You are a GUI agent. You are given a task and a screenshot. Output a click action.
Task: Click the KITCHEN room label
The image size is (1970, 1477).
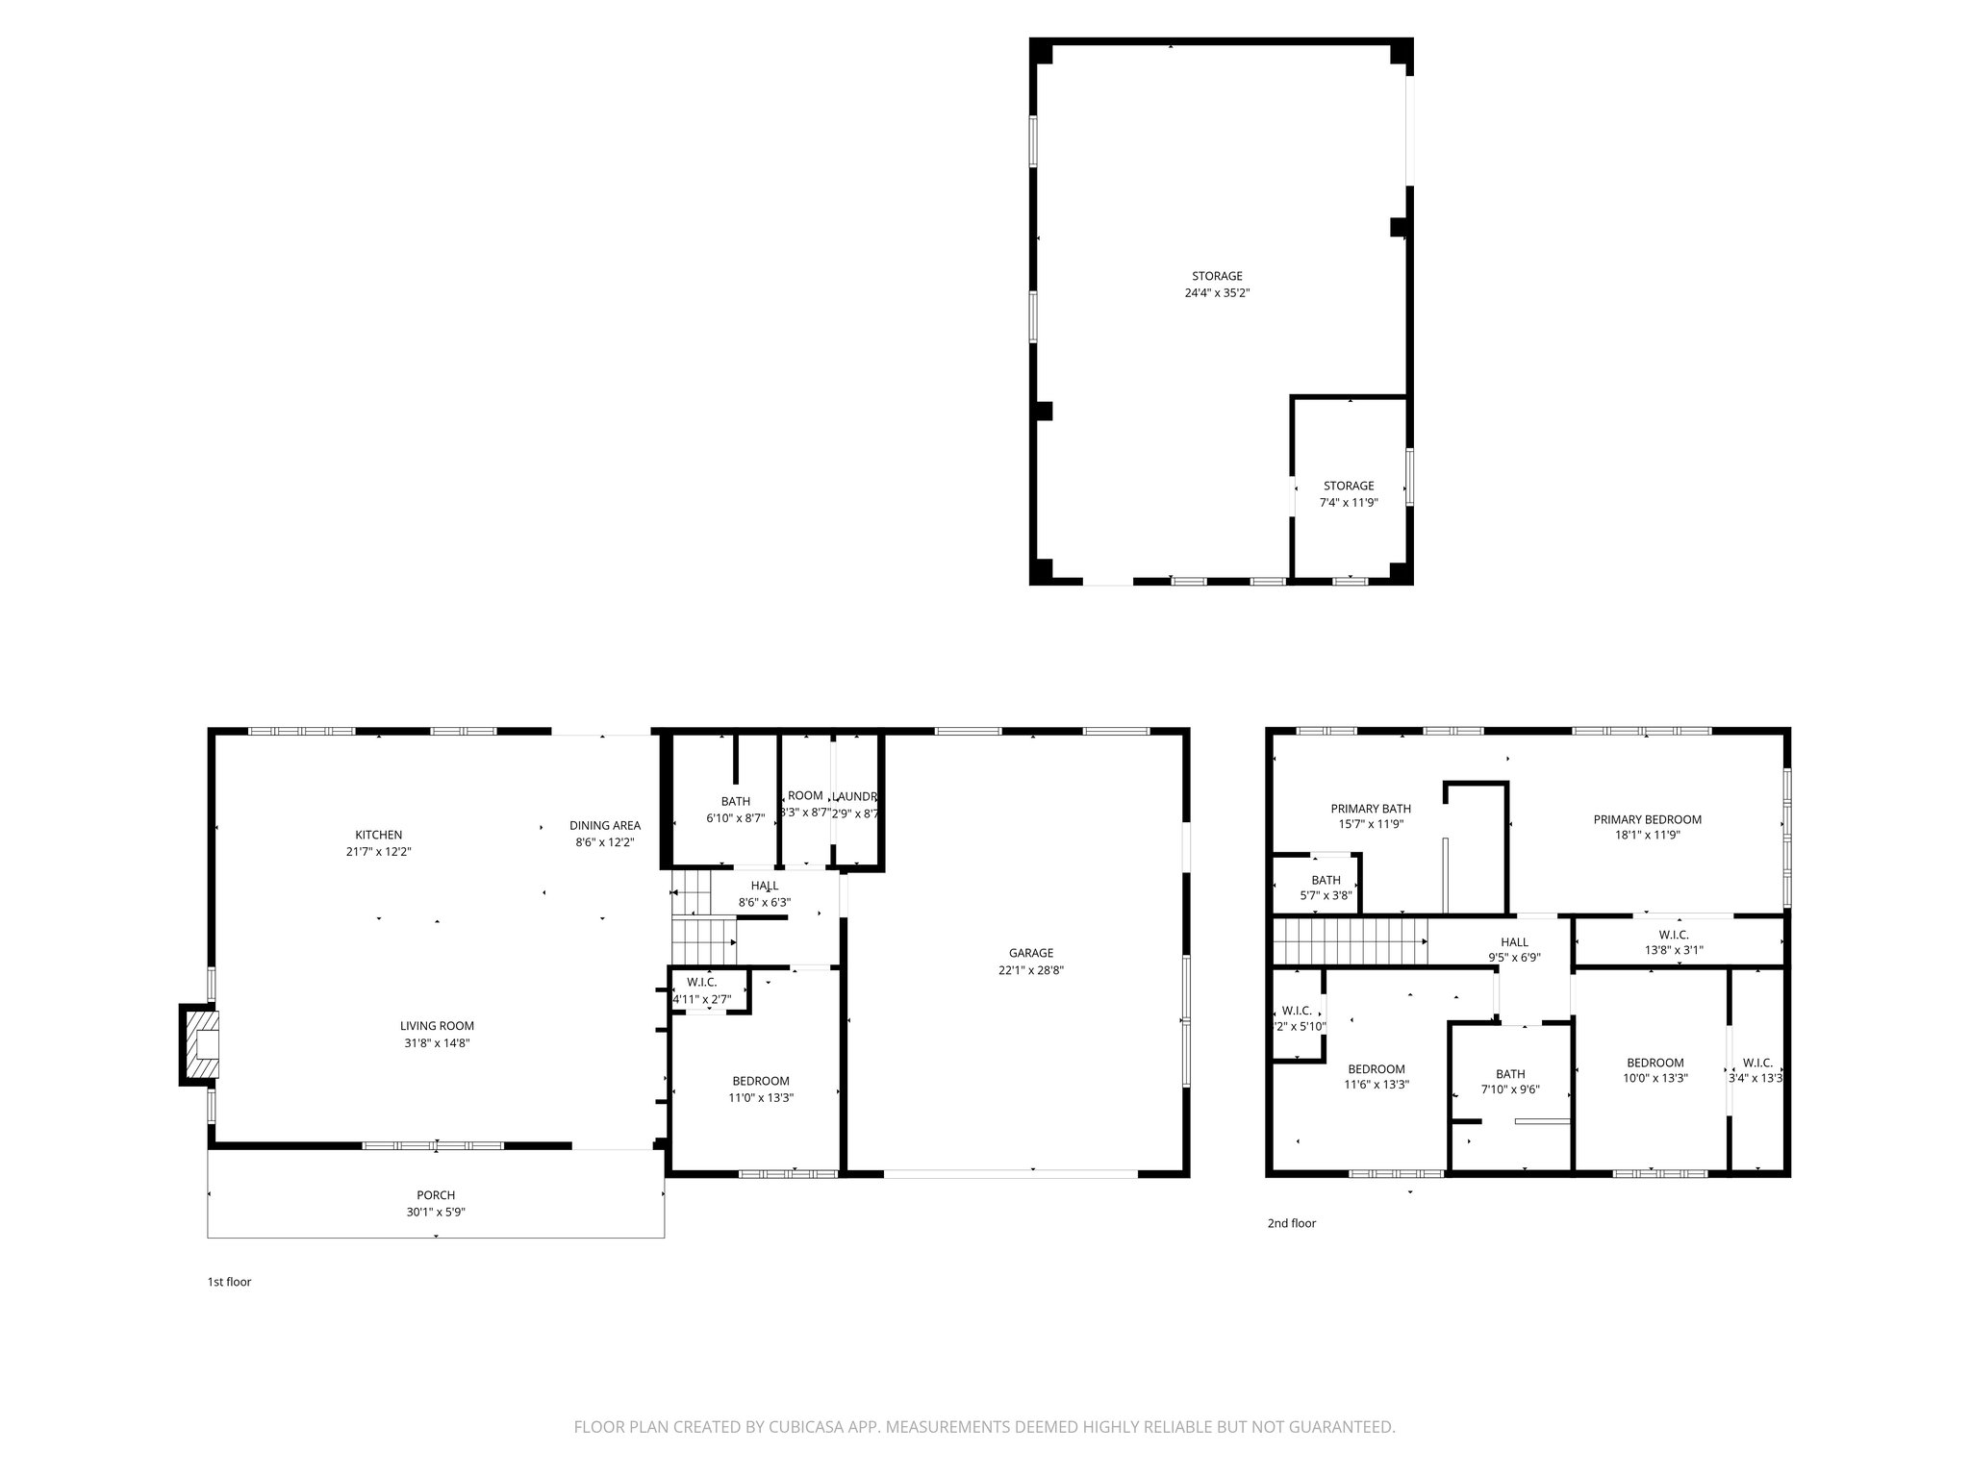(x=378, y=835)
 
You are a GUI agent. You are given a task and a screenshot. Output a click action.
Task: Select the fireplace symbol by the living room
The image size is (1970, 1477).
(x=201, y=1044)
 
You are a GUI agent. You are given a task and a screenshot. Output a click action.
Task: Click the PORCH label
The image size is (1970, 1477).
(x=436, y=1195)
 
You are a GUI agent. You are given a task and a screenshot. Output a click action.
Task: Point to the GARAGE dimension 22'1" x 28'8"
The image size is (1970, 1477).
(x=1030, y=970)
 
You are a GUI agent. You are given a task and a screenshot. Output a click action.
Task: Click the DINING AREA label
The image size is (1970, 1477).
(x=604, y=825)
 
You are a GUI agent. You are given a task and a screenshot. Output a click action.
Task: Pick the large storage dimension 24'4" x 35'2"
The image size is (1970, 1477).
(x=1217, y=293)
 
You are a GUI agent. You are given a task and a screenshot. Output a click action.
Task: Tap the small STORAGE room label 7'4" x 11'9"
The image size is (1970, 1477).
(x=1348, y=486)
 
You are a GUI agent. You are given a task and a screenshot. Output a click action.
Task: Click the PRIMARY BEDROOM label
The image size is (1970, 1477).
(x=1647, y=819)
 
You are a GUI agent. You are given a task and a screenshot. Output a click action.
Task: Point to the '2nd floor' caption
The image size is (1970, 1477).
(x=1291, y=1223)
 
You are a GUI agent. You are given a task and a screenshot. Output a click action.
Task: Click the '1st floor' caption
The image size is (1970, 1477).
(x=229, y=1282)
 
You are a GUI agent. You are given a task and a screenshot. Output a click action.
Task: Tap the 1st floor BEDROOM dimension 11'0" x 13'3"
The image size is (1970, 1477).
(x=762, y=1097)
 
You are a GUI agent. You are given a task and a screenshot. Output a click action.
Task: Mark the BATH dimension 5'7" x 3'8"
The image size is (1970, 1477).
(x=1326, y=895)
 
